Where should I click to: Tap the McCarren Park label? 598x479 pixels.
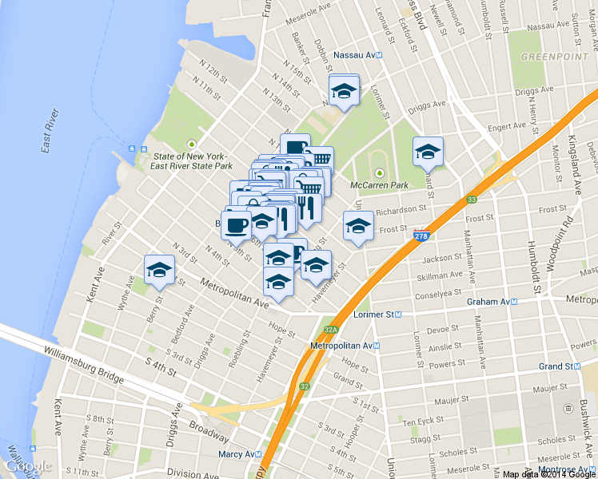[x=380, y=184]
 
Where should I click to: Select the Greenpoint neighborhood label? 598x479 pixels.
[x=544, y=57]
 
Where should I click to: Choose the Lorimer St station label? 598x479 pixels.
[x=380, y=315]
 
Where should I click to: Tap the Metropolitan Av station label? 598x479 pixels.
[x=345, y=346]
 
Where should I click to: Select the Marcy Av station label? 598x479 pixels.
[x=241, y=455]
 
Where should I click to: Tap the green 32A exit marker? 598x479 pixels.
[x=331, y=329]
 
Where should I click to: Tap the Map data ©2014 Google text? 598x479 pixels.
[x=549, y=473]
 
